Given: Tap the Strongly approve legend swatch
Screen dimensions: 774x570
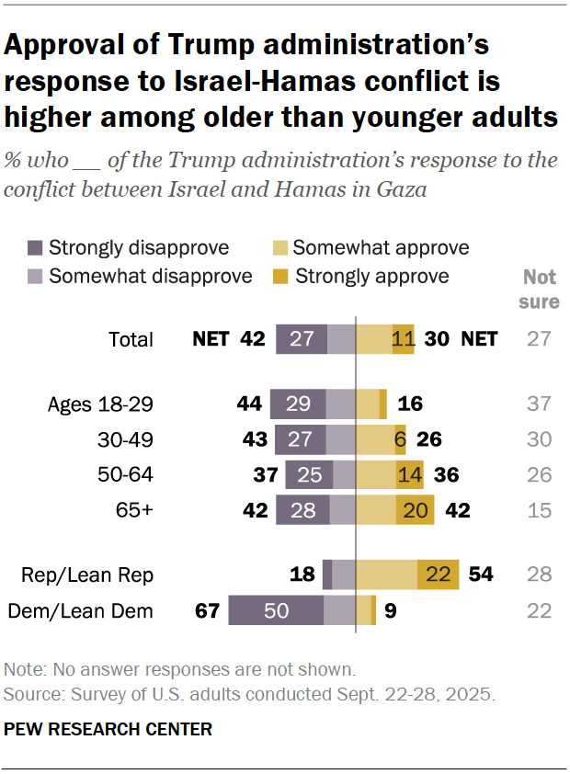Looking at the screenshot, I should (x=280, y=276).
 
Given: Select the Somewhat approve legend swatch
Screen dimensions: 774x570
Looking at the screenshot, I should (x=280, y=247).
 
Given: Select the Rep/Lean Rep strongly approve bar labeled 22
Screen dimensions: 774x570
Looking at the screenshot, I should (x=438, y=575).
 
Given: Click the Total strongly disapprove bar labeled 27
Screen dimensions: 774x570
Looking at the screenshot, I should (x=302, y=339).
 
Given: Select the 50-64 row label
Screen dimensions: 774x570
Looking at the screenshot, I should (x=125, y=475).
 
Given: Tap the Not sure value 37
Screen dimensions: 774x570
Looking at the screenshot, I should (x=540, y=404).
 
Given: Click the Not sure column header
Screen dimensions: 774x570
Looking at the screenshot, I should (x=541, y=289).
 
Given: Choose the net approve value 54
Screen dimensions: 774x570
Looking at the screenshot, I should (x=480, y=575).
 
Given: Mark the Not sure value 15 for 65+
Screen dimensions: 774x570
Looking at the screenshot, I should (x=540, y=510).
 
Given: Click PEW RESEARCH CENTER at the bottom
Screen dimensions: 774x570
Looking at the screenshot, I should (x=108, y=729).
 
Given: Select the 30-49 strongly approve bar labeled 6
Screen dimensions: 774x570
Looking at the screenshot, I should (x=400, y=439).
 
